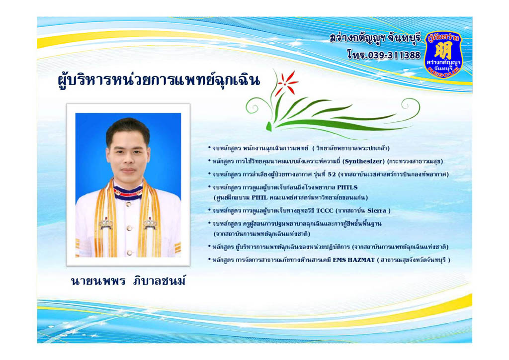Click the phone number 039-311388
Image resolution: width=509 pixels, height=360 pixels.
394,55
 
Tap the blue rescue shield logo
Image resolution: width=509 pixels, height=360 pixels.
443,54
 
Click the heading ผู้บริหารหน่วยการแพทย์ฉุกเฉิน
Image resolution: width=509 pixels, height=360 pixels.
159,81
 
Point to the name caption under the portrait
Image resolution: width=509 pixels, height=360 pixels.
129,281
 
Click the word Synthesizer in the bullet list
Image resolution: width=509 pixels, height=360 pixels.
364,161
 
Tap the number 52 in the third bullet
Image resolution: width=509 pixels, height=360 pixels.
332,175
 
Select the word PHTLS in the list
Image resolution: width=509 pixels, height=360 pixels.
347,187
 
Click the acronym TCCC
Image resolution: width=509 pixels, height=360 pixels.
325,211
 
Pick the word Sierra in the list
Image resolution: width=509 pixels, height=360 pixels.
377,211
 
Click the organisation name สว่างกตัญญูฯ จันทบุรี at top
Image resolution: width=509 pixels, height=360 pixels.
375,39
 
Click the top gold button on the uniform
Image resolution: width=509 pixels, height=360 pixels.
129,204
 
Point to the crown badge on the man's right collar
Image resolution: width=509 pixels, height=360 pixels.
106,223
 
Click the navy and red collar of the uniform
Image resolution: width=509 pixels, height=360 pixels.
128,192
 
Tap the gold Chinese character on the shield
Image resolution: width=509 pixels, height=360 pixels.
443,50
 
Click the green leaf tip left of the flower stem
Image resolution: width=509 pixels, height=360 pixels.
269,127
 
